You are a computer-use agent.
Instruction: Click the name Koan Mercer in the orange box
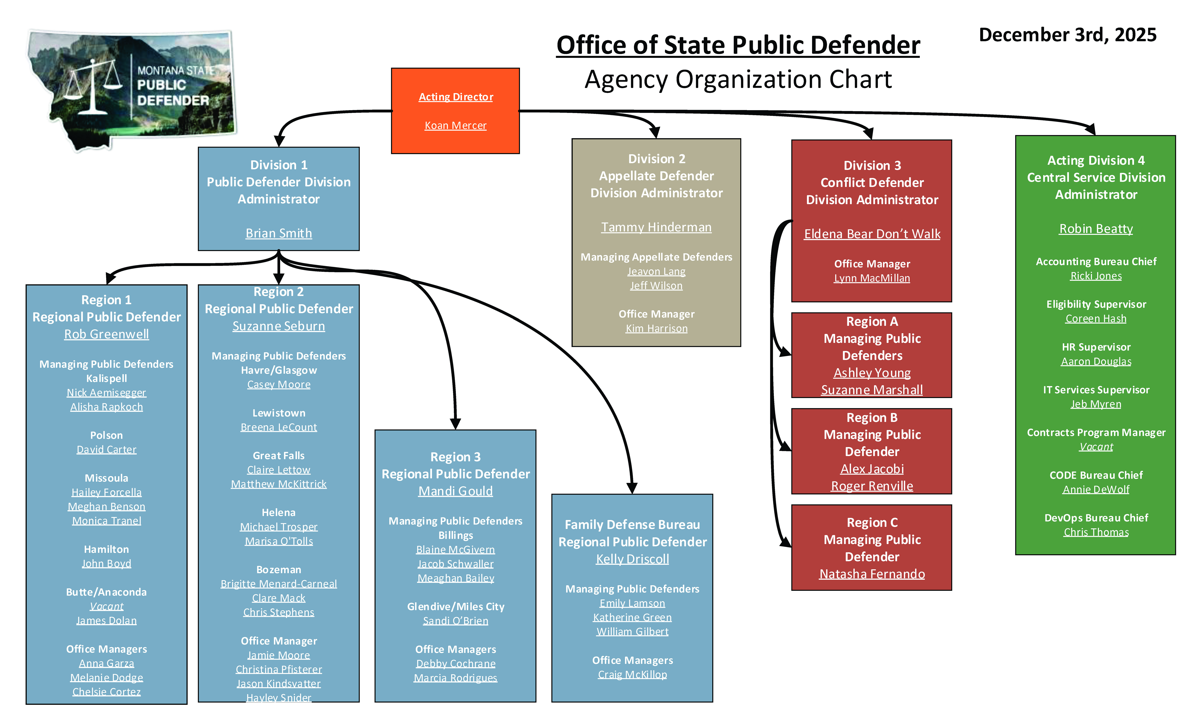[x=456, y=126]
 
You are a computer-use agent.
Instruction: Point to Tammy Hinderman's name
[x=656, y=227]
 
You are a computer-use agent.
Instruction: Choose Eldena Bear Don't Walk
[x=872, y=234]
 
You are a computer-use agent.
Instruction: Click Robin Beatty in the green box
[x=1096, y=229]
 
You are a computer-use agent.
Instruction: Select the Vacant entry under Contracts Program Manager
[x=1096, y=447]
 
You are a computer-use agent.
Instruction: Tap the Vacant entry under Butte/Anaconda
[x=107, y=606]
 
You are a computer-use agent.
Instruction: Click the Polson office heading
[x=107, y=435]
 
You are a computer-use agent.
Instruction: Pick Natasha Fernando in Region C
[x=872, y=574]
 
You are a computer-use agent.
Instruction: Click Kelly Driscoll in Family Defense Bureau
[x=632, y=559]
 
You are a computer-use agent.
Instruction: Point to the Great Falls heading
[x=279, y=456]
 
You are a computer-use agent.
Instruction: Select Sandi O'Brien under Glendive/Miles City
[x=456, y=621]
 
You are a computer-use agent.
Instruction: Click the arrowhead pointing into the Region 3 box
[x=456, y=424]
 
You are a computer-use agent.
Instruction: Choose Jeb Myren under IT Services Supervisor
[x=1096, y=404]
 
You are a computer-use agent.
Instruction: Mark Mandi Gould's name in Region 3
[x=456, y=491]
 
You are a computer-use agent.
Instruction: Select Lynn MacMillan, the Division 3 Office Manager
[x=872, y=278]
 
